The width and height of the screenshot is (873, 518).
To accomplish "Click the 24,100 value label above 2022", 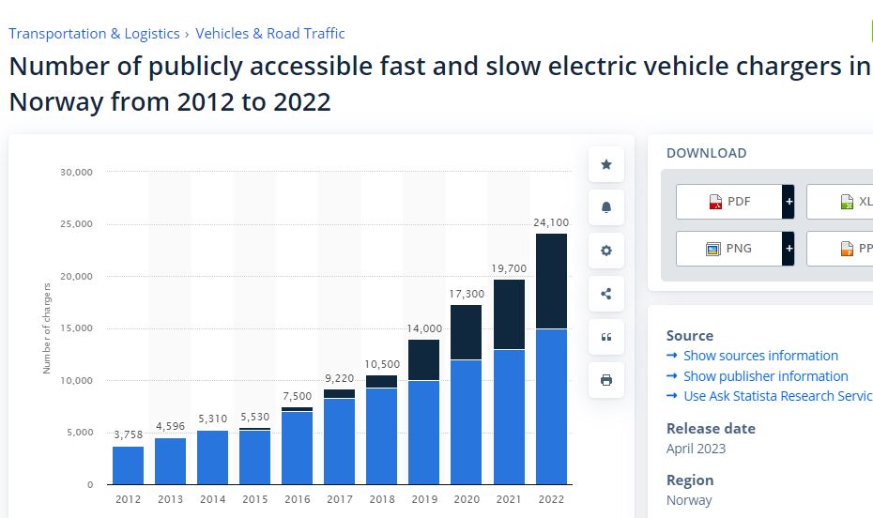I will point(551,222).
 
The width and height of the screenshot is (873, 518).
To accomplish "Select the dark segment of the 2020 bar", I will point(467,332).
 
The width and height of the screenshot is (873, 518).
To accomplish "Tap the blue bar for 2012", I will point(128,465).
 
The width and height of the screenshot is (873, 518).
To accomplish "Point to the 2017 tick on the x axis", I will point(340,499).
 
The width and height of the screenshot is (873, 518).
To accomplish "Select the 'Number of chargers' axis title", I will point(47,328).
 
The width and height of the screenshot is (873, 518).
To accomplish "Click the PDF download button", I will point(729,202).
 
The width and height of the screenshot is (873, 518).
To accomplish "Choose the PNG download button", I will point(729,249).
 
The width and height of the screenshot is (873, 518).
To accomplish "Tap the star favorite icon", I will point(606,164).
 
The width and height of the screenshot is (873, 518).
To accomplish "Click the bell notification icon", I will point(606,207).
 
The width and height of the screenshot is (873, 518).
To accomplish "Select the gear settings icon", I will point(606,251).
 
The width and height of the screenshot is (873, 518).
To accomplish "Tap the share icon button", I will point(606,294).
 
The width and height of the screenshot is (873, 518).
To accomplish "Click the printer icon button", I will point(606,380).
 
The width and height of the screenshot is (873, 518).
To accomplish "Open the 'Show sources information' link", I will point(760,356).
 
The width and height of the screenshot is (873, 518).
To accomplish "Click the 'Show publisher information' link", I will point(765,375).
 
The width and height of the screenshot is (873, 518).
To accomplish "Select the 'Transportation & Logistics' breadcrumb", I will point(94,34).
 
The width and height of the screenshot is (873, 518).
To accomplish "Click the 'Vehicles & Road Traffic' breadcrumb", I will point(270,34).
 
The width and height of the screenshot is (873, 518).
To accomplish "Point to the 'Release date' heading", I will point(711,428).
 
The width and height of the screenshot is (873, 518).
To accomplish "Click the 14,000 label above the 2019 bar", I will point(424,328).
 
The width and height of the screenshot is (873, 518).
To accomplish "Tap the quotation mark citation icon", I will point(606,337).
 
